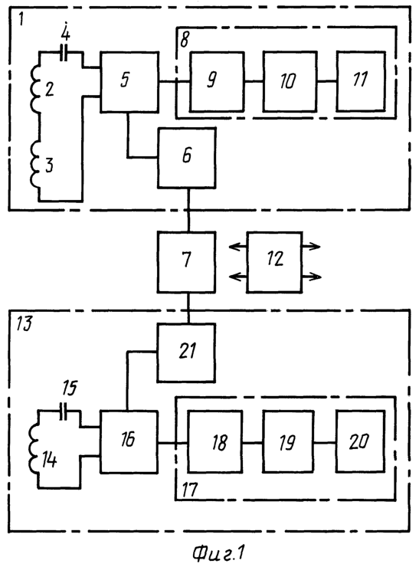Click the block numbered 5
129,82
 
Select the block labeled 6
187,158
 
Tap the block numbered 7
187,262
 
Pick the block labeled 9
217,82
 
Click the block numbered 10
290,82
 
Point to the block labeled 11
361,81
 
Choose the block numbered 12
274,262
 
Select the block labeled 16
129,441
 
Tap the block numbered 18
215,441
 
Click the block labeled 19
288,441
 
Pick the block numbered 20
360,441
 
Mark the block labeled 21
186,352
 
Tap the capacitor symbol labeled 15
64,411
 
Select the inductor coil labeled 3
34,165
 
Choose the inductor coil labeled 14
34,448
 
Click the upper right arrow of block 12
311,247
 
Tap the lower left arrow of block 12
238,277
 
